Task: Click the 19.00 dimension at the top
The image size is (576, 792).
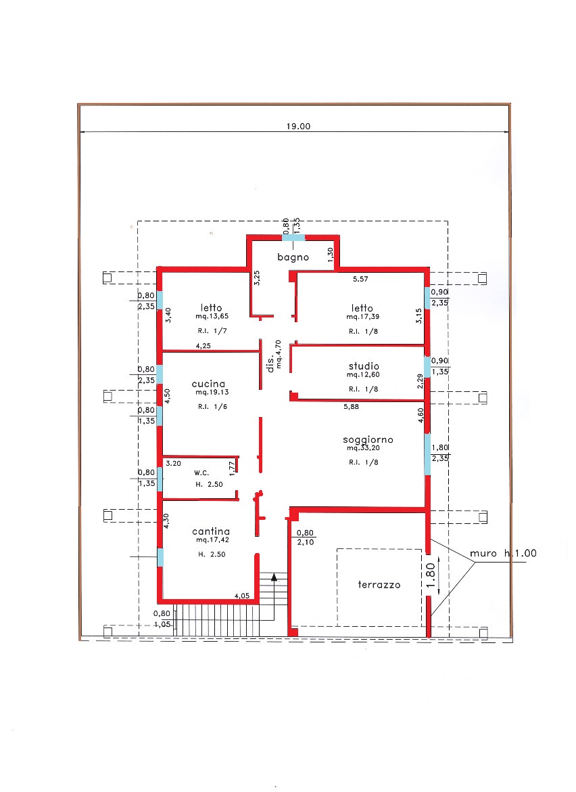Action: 298,127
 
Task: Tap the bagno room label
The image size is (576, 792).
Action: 293,257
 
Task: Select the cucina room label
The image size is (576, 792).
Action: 208,384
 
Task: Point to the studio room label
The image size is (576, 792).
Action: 364,366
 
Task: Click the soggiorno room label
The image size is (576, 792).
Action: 368,440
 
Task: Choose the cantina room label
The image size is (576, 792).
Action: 211,531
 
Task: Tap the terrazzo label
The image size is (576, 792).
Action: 379,584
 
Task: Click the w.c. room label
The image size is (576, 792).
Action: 201,473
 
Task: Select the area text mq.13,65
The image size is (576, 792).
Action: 212,317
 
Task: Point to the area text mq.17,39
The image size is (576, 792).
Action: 362,317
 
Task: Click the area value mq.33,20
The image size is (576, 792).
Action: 363,448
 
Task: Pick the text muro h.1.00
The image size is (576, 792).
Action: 503,554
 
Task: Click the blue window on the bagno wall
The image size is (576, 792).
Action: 293,238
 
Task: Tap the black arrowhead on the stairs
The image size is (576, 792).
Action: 274,577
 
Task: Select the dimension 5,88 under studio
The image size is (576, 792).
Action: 351,407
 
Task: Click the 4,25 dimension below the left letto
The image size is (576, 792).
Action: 203,346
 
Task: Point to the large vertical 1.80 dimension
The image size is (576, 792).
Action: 430,576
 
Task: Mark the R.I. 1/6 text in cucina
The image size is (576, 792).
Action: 212,407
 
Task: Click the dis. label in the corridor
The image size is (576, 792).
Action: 270,363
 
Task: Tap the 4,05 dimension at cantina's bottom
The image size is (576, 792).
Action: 241,596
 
